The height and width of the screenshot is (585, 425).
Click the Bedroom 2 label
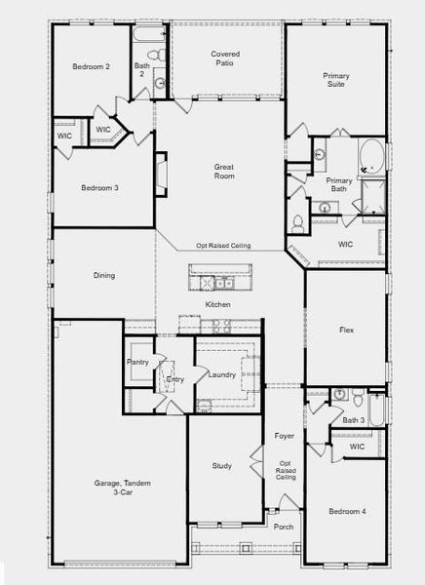point(91,66)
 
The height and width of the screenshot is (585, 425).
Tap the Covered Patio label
point(225,58)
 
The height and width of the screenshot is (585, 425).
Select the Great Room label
point(224,172)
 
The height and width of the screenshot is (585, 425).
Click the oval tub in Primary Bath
point(371,156)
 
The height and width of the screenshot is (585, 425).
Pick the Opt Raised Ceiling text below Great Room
point(223,246)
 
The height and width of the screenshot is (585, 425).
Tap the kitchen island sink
point(224,283)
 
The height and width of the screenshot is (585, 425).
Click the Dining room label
point(104,275)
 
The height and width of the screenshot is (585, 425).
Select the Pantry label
point(137,362)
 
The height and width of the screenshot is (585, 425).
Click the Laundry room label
point(221,374)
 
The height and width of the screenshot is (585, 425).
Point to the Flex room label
point(346,330)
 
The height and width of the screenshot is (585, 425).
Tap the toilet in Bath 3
point(359,397)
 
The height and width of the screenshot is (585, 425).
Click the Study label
point(221,466)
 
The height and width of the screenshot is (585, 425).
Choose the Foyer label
point(284,436)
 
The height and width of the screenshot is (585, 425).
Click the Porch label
point(284,526)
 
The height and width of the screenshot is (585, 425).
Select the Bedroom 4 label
point(347,511)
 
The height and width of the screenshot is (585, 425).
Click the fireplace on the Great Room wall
point(161,174)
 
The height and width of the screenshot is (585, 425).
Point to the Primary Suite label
point(336,80)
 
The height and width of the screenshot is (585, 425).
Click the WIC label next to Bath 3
point(357,447)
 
